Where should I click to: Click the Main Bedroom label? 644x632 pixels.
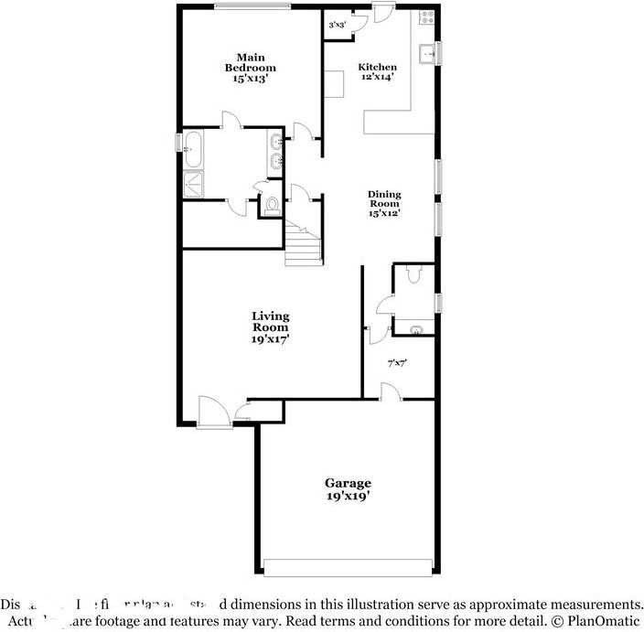point(250,68)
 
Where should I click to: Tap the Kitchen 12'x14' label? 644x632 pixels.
point(377,72)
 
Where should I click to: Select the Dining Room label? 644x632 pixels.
point(384,203)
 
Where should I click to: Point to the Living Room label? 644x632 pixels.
point(271,327)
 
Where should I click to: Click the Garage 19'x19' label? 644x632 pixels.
point(348,489)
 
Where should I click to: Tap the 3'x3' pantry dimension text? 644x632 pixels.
point(337,25)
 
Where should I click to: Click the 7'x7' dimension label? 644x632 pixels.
point(397,363)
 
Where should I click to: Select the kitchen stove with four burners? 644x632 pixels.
point(427,17)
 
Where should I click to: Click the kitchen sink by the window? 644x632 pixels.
point(427,54)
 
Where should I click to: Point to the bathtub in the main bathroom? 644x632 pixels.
point(193,149)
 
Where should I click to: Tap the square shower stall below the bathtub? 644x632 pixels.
point(194,184)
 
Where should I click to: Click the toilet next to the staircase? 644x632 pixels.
point(272,205)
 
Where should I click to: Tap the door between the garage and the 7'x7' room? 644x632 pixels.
point(389,391)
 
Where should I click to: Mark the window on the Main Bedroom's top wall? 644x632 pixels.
point(252,6)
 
